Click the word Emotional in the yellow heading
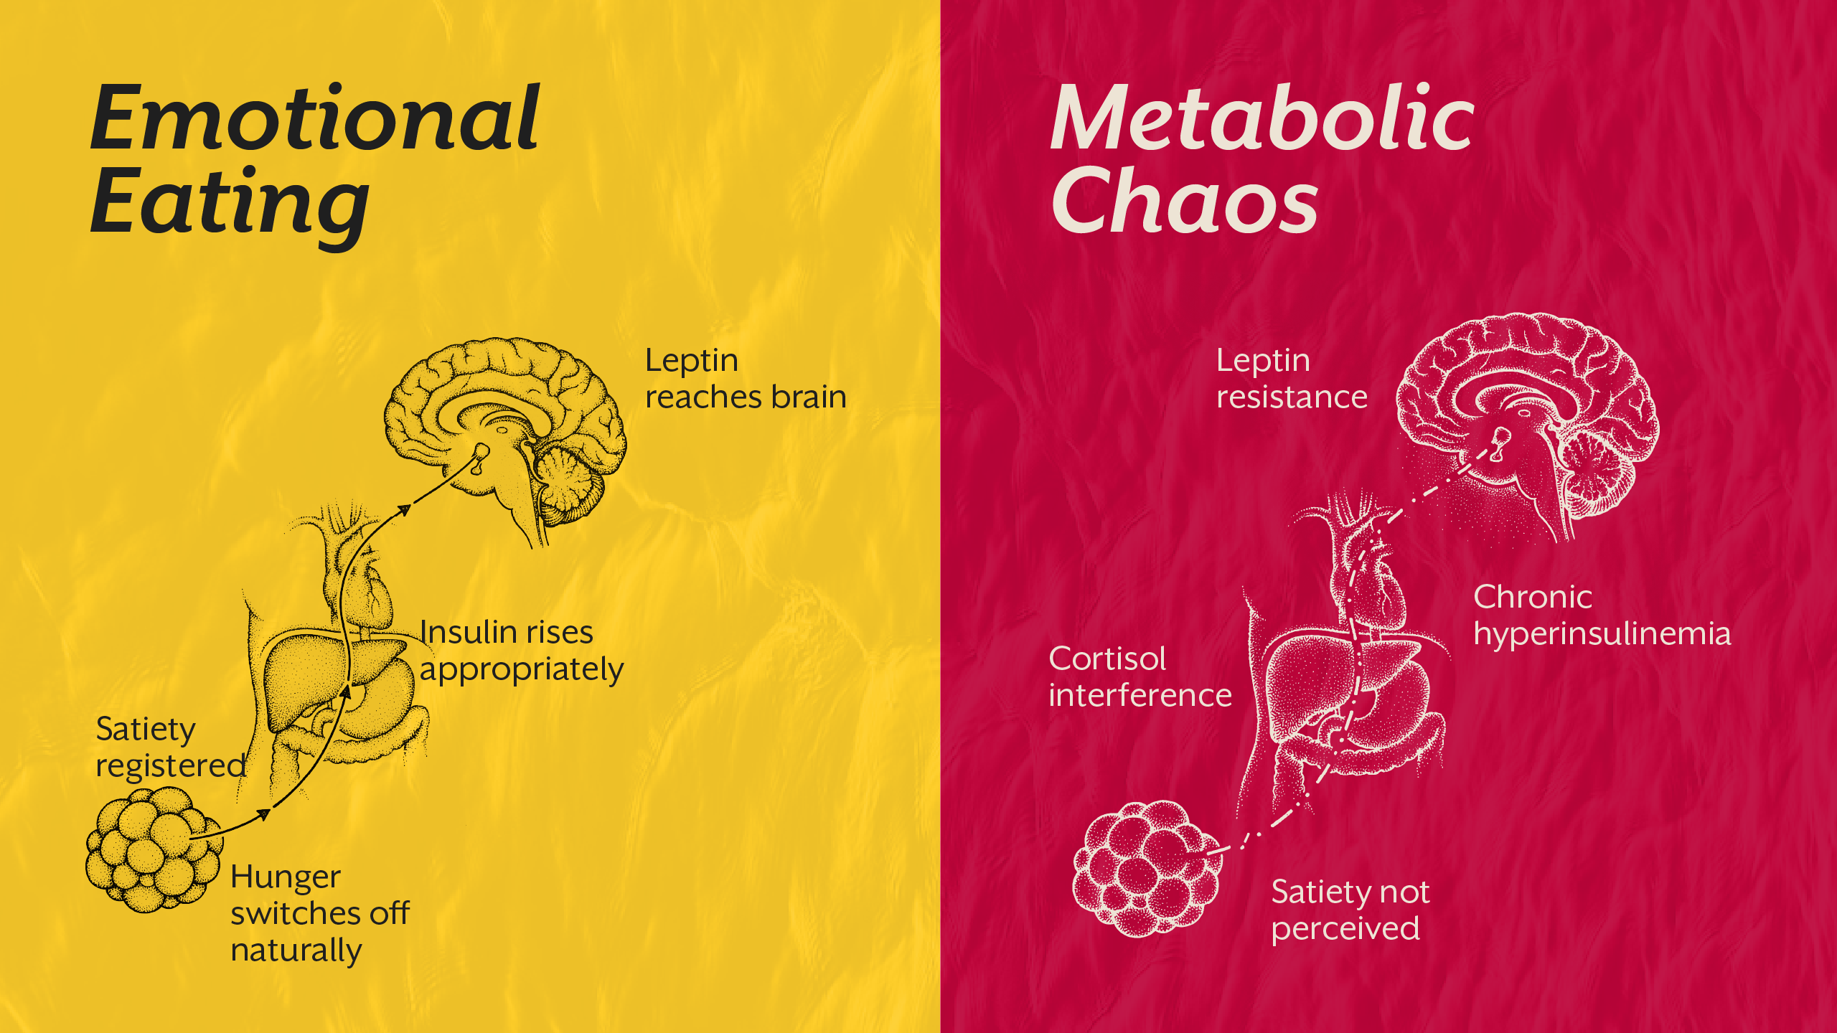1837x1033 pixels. [314, 118]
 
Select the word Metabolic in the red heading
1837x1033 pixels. [1262, 118]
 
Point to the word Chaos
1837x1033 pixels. [1184, 201]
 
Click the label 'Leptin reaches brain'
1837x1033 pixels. [745, 379]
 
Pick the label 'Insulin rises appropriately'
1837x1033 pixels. [521, 651]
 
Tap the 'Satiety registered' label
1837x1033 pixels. [171, 747]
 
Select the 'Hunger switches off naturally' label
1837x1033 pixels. [319, 913]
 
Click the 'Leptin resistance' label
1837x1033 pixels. [1292, 379]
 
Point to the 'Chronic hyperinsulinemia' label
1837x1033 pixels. [1602, 615]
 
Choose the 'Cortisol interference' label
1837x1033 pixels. [1140, 677]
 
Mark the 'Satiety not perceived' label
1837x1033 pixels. [1349, 910]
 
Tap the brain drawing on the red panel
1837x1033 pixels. [1528, 416]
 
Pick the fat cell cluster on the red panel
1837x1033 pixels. [1146, 868]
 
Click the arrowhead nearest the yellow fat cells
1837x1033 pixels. [263, 813]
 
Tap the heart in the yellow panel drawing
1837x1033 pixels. [373, 588]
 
